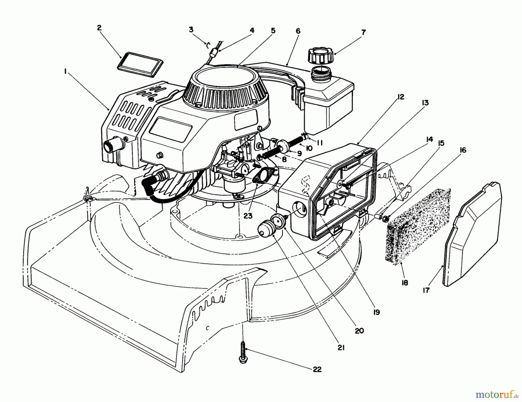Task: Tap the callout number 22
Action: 317,369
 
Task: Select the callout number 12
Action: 401,97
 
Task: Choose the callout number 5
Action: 273,30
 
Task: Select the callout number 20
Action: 359,331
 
